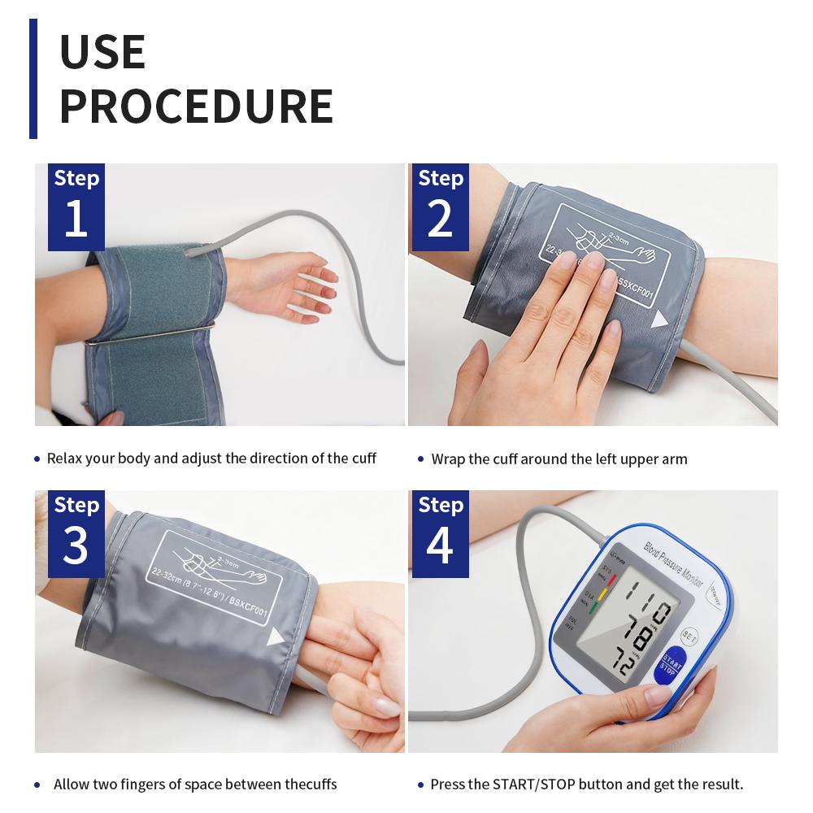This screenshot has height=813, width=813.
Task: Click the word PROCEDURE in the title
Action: click(196, 105)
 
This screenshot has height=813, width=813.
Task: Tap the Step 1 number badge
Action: click(76, 207)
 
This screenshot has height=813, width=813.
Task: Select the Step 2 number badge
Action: click(440, 207)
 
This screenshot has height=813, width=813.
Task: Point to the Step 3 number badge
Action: click(76, 533)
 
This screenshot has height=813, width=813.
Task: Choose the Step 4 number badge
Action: click(440, 533)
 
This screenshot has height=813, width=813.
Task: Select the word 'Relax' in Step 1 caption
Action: click(65, 459)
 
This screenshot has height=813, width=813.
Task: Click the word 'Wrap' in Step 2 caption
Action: click(448, 459)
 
